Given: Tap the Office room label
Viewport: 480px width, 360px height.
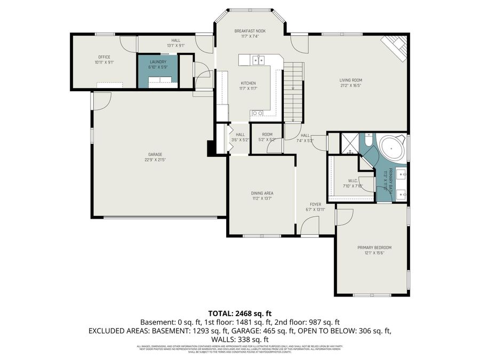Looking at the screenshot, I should (103, 57).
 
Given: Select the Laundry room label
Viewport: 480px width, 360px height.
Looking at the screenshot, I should (158, 62).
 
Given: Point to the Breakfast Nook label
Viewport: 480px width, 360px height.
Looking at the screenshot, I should (250, 31).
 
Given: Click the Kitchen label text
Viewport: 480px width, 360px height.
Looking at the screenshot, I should (248, 83).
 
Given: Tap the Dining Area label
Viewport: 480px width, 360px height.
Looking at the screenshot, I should (262, 193).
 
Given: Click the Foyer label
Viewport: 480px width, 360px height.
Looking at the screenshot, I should (316, 204).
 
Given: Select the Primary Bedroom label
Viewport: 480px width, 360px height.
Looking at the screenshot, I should (374, 247).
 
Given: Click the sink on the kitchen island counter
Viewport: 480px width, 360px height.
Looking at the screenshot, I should (260, 60).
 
